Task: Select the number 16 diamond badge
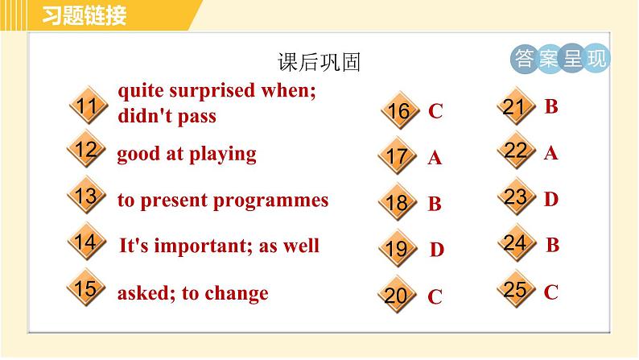click(x=398, y=111)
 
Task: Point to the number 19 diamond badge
click(x=396, y=250)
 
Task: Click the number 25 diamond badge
click(x=514, y=290)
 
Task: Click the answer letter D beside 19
click(x=436, y=250)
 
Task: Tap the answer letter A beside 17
click(x=435, y=158)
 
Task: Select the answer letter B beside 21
click(x=551, y=106)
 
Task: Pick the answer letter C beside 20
click(x=435, y=297)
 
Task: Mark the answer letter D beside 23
click(x=551, y=199)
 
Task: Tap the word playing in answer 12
click(x=223, y=154)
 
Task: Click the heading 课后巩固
click(x=319, y=62)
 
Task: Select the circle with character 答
click(x=523, y=59)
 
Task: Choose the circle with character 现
click(x=596, y=59)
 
